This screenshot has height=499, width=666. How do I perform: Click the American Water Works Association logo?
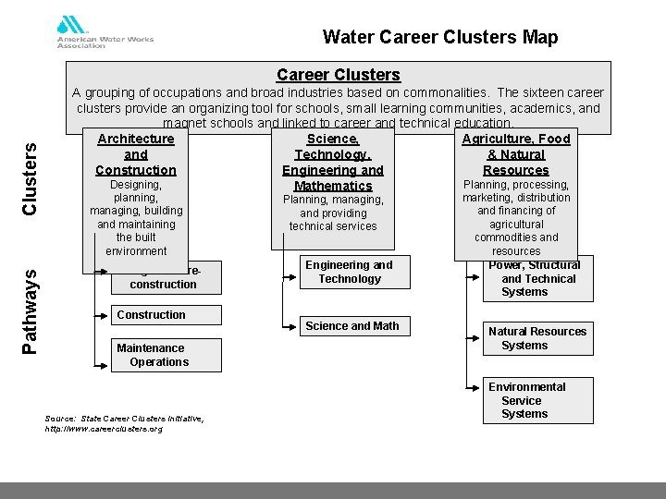[x=105, y=32]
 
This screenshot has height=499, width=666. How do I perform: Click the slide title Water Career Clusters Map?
[x=440, y=37]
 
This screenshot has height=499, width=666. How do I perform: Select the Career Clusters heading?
[x=339, y=75]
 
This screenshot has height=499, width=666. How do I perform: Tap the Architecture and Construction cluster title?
[x=136, y=154]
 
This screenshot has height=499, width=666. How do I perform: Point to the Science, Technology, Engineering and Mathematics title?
[x=333, y=162]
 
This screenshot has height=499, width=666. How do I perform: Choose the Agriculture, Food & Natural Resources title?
[x=516, y=154]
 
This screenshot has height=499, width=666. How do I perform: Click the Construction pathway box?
[x=167, y=315]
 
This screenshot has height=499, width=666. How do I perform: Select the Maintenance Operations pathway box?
[x=167, y=355]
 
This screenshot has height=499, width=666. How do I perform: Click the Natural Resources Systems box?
[x=537, y=338]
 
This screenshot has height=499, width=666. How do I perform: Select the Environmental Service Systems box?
[x=537, y=400]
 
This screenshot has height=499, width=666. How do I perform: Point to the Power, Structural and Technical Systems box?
[x=537, y=278]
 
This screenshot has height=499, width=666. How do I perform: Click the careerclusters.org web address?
[x=104, y=429]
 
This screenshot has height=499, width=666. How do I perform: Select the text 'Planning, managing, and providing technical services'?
[x=333, y=213]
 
